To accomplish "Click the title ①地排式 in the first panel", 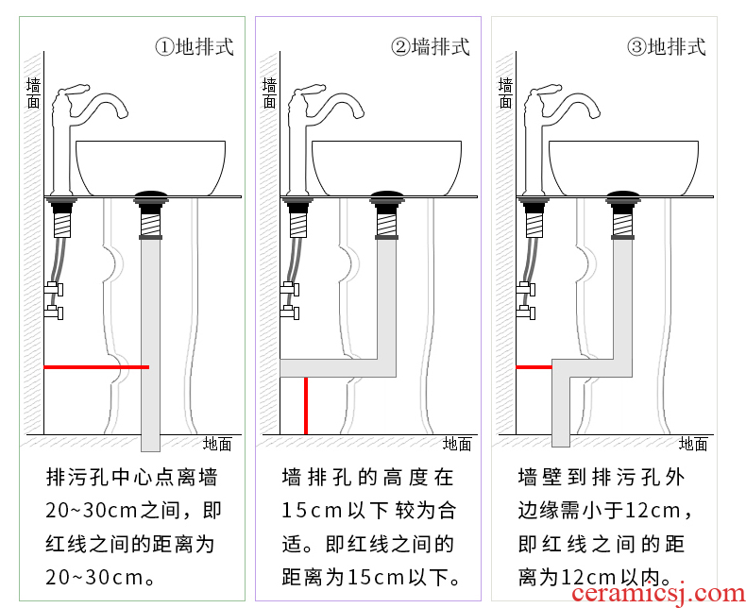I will [195, 46].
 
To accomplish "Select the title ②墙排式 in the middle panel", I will [431, 46].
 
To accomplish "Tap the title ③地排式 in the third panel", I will [667, 46].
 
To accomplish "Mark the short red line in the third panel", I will [534, 366].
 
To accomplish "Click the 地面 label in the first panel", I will [217, 444].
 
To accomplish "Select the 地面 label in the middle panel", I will [457, 444].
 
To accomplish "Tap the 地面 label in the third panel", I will [693, 444].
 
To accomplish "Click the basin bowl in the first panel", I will [150, 165].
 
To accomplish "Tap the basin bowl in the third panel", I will [624, 165].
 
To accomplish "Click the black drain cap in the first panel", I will [150, 196].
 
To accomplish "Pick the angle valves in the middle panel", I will [290, 299].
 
